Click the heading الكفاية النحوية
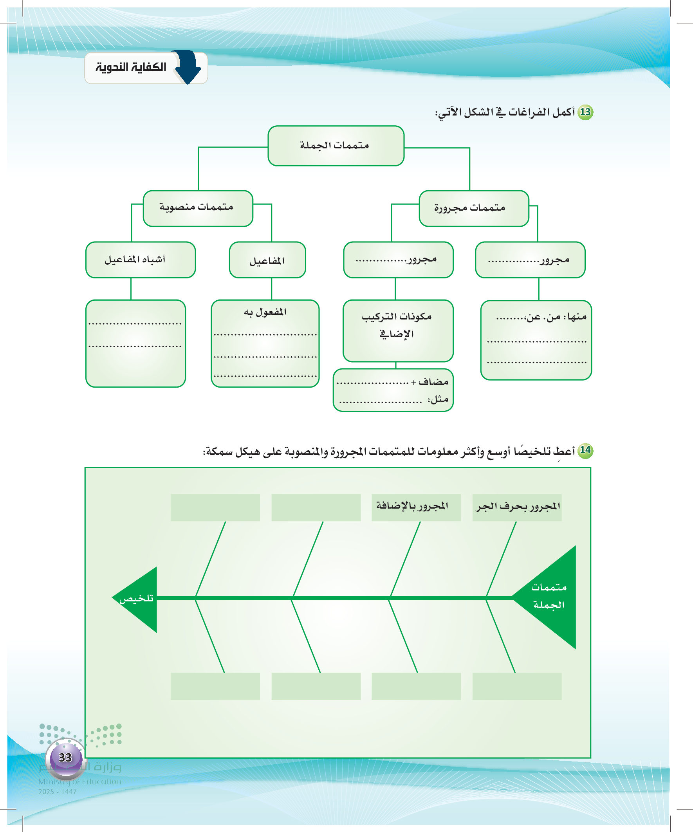(131, 67)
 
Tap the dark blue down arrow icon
(188, 67)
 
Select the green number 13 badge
(585, 112)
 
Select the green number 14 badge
(585, 451)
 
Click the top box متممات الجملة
(336, 146)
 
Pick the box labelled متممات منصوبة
(198, 208)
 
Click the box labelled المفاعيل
(267, 260)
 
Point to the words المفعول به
(265, 312)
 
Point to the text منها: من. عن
(555, 317)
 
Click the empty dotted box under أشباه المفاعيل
(135, 343)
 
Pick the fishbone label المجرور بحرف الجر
(517, 507)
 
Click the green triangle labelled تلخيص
(138, 599)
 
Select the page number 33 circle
(65, 758)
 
